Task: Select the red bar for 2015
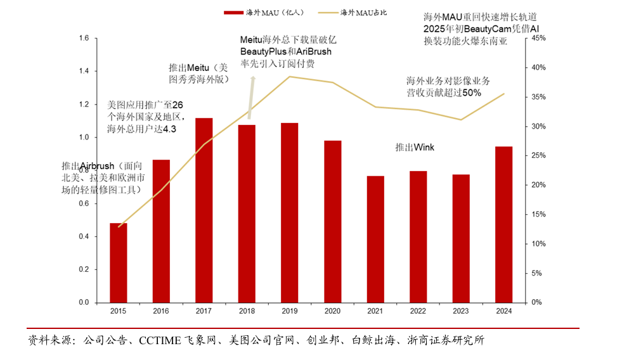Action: pyautogui.click(x=119, y=262)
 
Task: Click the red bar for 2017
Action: pyautogui.click(x=204, y=210)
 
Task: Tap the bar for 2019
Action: pyautogui.click(x=290, y=212)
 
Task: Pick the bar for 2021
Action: pyautogui.click(x=375, y=239)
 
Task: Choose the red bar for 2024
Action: pyautogui.click(x=503, y=224)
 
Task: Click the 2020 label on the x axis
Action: pyautogui.click(x=332, y=311)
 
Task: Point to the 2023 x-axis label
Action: pyautogui.click(x=461, y=311)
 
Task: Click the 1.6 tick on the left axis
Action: pyautogui.click(x=84, y=39)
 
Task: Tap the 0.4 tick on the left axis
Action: pyautogui.click(x=84, y=237)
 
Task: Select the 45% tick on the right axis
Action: pyautogui.click(x=538, y=39)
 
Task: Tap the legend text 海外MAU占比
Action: pyautogui.click(x=365, y=12)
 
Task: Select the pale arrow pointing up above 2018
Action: pyautogui.click(x=252, y=95)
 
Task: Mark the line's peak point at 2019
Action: pyautogui.click(x=290, y=77)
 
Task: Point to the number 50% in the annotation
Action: pyautogui.click(x=471, y=93)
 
